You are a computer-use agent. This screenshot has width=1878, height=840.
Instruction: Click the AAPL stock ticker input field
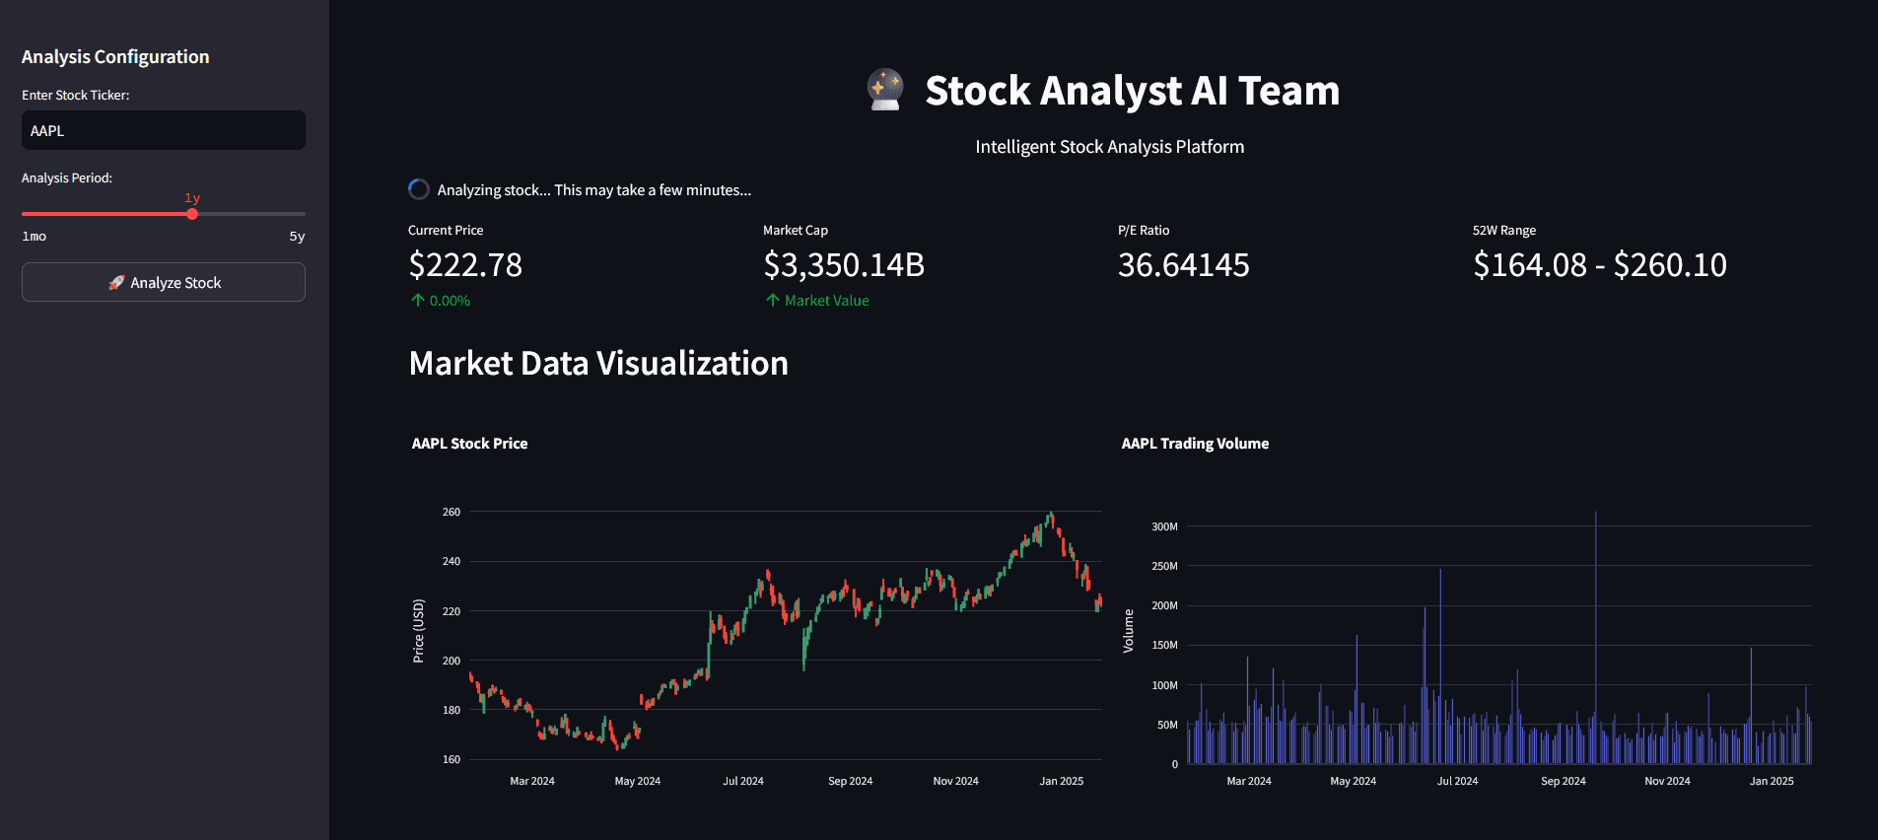click(163, 130)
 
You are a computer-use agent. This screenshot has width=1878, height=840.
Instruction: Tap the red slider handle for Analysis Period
click(192, 214)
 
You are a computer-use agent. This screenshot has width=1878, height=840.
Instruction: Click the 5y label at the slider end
click(297, 237)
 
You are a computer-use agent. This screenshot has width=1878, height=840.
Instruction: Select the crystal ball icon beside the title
click(885, 90)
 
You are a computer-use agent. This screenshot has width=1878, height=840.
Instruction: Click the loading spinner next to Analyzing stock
click(419, 189)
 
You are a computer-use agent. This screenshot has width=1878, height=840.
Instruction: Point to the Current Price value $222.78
click(465, 265)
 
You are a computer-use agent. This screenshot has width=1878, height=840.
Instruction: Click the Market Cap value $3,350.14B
click(844, 265)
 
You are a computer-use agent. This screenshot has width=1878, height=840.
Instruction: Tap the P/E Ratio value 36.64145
click(1183, 265)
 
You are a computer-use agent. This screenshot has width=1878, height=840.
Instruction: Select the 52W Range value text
click(1599, 265)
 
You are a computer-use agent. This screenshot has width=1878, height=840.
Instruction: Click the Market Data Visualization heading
click(598, 364)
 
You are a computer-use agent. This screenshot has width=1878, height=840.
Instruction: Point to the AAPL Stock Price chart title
click(469, 444)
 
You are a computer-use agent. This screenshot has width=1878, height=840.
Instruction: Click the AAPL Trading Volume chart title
click(1195, 444)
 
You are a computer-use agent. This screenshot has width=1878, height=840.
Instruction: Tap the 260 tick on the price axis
click(452, 512)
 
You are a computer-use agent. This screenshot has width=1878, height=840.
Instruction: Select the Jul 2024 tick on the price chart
click(743, 781)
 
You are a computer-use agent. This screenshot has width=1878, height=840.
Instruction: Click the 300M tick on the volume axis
click(1164, 526)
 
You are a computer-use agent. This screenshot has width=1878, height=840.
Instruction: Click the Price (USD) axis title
click(419, 631)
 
